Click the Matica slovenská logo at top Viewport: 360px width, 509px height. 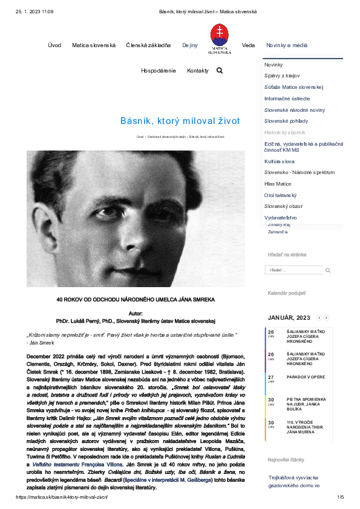click(220, 39)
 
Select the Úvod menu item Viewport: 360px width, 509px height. click(54, 45)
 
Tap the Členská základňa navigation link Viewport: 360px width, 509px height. click(148, 45)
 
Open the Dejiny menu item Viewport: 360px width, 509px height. click(190, 45)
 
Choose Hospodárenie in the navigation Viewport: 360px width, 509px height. click(159, 71)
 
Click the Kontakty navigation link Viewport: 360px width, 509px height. click(198, 71)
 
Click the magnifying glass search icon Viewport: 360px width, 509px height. click(220, 71)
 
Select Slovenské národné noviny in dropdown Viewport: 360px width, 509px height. click(295, 110)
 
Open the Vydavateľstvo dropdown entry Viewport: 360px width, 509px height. click(281, 217)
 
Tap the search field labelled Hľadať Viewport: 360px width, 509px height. click(294, 270)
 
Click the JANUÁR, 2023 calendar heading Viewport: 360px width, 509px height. click(289, 317)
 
